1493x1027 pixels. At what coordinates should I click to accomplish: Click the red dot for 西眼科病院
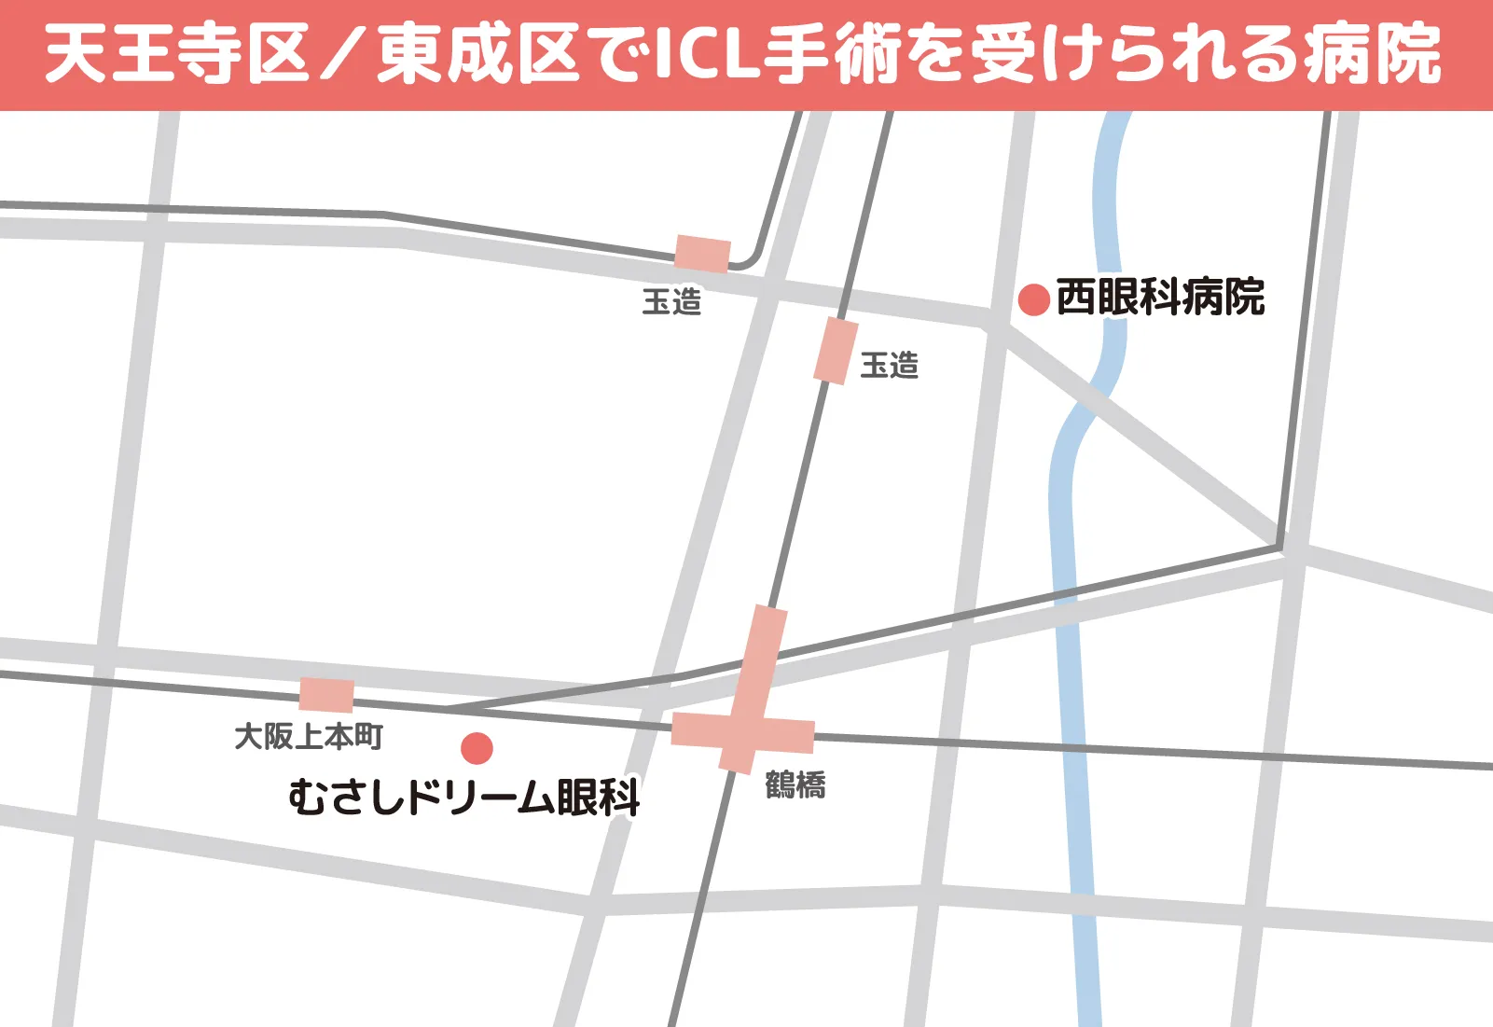[x=1034, y=299]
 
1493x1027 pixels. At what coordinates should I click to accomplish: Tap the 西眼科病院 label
[x=1160, y=298]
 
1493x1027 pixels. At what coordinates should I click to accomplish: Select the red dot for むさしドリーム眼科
[x=477, y=748]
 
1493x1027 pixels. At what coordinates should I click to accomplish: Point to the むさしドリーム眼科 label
[x=463, y=798]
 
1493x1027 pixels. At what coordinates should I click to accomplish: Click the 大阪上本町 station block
[x=326, y=695]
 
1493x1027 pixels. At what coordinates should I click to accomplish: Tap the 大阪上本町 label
[x=309, y=736]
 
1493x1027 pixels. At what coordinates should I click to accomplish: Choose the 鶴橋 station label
[x=795, y=784]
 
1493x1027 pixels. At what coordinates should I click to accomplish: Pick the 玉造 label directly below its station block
[x=671, y=301]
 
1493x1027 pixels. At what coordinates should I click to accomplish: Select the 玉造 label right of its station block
[x=889, y=365]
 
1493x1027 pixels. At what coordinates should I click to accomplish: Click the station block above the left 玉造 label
[x=702, y=254]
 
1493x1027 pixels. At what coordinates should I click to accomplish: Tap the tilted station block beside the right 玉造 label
[x=836, y=351]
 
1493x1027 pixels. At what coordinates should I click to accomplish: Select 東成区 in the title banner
[x=478, y=54]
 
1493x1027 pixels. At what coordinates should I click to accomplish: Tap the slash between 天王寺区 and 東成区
[x=342, y=54]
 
